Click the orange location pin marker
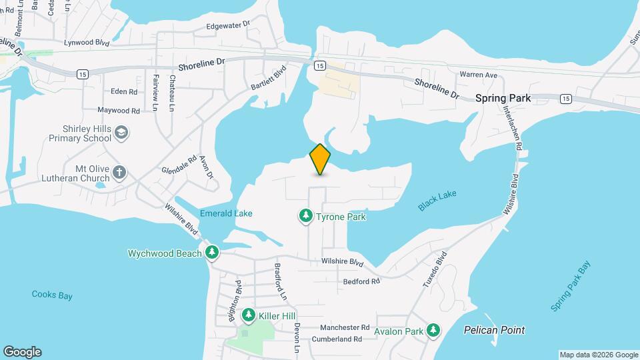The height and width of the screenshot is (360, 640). tap(320, 159)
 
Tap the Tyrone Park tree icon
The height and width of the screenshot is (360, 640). tap(305, 215)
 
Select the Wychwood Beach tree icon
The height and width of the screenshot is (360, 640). tap(212, 252)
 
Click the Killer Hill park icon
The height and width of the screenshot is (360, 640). tap(249, 314)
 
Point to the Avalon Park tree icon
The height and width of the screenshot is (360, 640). tap(433, 329)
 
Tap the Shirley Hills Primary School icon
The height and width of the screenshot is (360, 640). tap(121, 133)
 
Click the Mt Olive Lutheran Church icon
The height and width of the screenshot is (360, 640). tap(119, 173)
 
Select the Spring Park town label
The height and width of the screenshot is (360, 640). tap(503, 98)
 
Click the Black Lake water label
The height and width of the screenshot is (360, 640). tap(437, 200)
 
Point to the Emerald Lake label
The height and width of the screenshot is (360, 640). tap(226, 214)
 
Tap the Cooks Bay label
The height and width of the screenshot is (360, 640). tap(52, 295)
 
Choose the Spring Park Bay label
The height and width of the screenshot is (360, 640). tap(571, 287)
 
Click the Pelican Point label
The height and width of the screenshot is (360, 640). tap(494, 330)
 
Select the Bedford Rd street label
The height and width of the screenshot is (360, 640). tap(361, 281)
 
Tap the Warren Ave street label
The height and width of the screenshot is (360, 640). tap(479, 75)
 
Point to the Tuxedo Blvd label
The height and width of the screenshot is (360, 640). tap(434, 270)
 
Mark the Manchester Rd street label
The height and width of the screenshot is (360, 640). tap(345, 327)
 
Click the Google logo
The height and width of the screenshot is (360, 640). tap(22, 352)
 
